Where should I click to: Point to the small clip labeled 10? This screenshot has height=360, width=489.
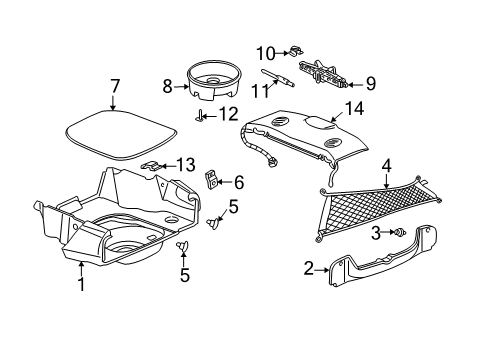[x=297, y=53]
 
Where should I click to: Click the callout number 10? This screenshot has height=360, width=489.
[x=264, y=53]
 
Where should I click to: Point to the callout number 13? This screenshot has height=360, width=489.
[x=185, y=165]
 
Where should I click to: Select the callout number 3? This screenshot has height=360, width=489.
[x=375, y=232]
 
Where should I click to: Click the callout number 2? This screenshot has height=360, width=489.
[x=308, y=268]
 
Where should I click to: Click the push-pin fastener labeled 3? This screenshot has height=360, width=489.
[x=399, y=232]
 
